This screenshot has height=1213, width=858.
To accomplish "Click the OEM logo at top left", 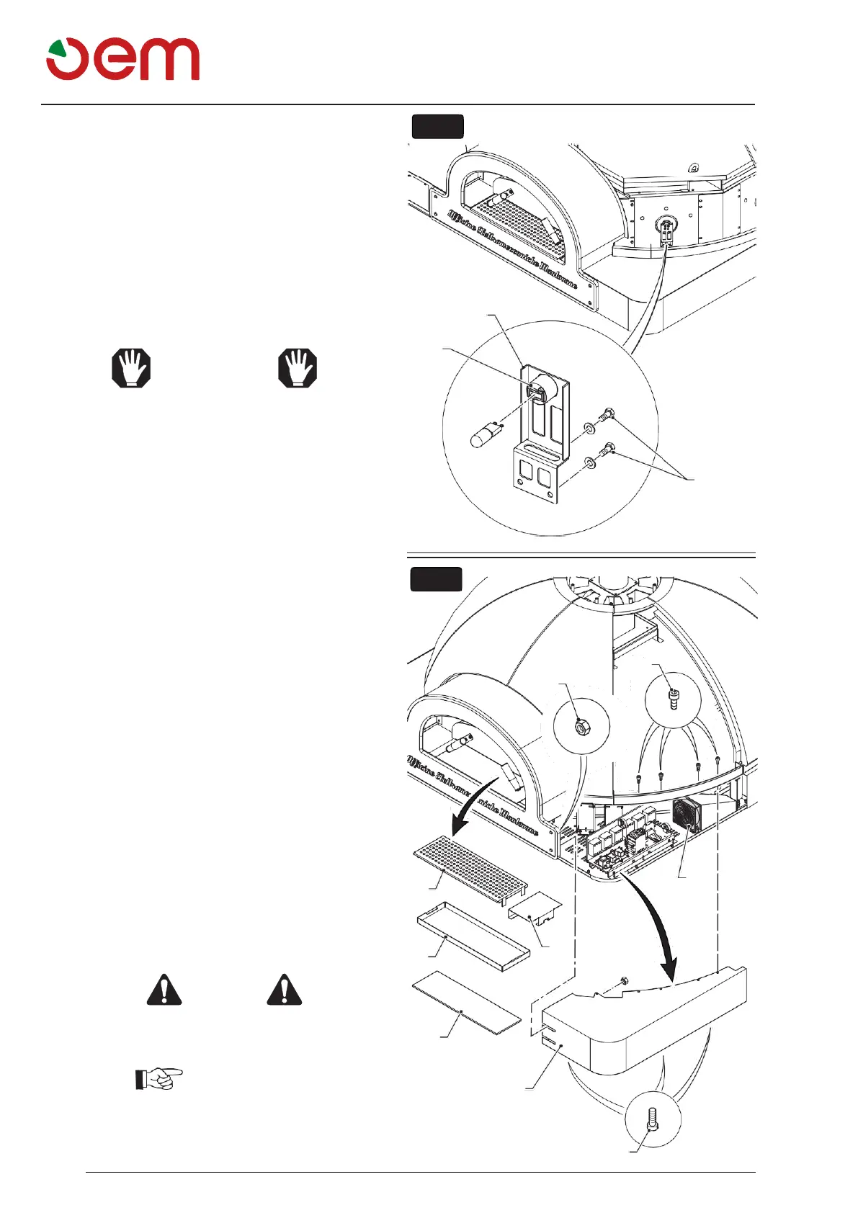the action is tap(122, 59).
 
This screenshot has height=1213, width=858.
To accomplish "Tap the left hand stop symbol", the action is tap(131, 368).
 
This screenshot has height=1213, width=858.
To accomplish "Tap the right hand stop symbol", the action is tap(298, 368).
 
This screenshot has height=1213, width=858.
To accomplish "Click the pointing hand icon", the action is tap(159, 1078).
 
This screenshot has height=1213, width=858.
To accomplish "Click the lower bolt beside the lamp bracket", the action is tap(608, 449).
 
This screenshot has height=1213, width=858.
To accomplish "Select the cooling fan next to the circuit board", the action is tap(686, 815).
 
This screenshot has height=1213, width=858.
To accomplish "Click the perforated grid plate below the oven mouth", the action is tap(470, 864).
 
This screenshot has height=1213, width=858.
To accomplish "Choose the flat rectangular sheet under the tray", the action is tap(465, 1001).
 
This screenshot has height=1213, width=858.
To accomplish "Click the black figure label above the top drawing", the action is tap(437, 126).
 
